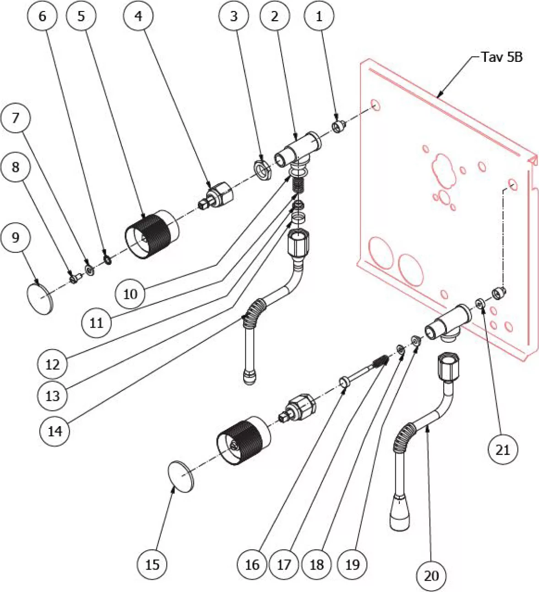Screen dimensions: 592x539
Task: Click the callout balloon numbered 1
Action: coord(319,16)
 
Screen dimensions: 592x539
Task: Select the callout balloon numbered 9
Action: coord(16,237)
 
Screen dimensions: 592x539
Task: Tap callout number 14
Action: coord(55,431)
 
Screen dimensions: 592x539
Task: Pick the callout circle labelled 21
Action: coord(502,449)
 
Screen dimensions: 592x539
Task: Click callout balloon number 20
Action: coord(431,576)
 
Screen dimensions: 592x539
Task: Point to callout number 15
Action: coord(152,565)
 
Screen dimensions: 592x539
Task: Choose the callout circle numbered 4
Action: coord(138,16)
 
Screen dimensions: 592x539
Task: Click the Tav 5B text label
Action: coord(501,57)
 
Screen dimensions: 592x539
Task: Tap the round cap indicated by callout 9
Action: coord(39,298)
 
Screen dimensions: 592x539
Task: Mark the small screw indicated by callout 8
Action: coord(74,278)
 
